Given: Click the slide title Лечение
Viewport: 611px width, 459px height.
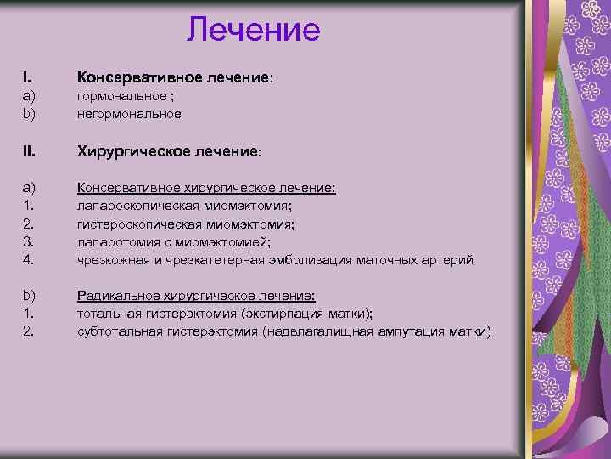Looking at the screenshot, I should pos(254,30).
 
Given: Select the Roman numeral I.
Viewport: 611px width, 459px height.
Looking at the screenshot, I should pos(26,77).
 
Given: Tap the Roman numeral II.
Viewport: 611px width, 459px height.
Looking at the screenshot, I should pos(29,151).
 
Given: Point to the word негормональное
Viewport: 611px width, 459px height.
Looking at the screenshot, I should pos(129,113).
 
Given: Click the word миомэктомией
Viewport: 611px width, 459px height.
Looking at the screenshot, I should pos(230,241).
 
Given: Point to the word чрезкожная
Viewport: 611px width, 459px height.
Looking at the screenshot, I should pos(109,259).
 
